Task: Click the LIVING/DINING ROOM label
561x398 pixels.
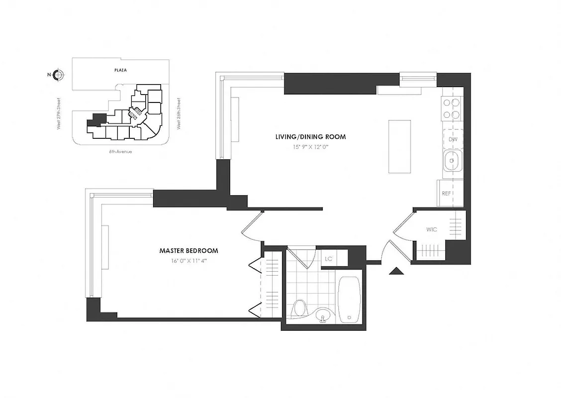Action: [311, 136]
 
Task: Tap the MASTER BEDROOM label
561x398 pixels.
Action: [188, 251]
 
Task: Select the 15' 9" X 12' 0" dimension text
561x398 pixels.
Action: [310, 146]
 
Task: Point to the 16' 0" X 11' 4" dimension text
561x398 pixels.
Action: [188, 261]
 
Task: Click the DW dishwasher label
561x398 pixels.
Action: [453, 139]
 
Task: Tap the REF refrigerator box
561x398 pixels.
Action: [446, 193]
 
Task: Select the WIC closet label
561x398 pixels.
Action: [431, 230]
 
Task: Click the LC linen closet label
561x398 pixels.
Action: [328, 259]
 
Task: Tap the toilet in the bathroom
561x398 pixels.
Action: [299, 307]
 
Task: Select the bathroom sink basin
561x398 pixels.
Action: [324, 315]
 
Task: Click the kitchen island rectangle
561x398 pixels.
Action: [400, 146]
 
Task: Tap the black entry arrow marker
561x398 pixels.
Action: [396, 271]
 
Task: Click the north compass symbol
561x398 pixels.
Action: [58, 75]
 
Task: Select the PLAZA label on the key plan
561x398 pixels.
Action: [119, 70]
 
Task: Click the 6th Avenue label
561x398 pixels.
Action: [121, 151]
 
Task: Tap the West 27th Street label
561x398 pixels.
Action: [59, 113]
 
